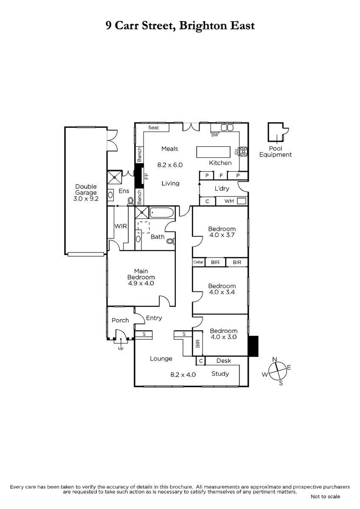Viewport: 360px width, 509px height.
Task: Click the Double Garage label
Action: pyautogui.click(x=86, y=190)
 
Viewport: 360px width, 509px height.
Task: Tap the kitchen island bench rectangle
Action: pyautogui.click(x=213, y=152)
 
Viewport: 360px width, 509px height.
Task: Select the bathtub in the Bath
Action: pyautogui.click(x=161, y=213)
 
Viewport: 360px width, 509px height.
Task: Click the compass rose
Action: pyautogui.click(x=277, y=371)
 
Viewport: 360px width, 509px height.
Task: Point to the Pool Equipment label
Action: pyautogui.click(x=276, y=151)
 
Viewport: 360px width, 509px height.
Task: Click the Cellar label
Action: pyautogui.click(x=198, y=262)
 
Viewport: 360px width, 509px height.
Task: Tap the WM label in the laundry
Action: pyautogui.click(x=229, y=201)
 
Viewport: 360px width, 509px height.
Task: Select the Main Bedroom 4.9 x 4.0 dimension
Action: pyautogui.click(x=141, y=283)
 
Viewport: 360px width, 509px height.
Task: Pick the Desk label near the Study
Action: pyautogui.click(x=224, y=361)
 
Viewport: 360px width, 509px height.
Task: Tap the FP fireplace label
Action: pyautogui.click(x=146, y=176)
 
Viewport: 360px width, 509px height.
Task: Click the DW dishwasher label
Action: pyautogui.click(x=215, y=135)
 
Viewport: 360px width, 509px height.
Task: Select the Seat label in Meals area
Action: pyautogui.click(x=154, y=128)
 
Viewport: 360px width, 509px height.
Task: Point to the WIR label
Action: pyautogui.click(x=121, y=226)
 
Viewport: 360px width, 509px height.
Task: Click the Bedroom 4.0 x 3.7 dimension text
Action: pyautogui.click(x=222, y=235)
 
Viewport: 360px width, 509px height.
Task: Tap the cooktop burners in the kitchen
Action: pyautogui.click(x=243, y=151)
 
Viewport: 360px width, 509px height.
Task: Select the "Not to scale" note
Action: pyautogui.click(x=325, y=497)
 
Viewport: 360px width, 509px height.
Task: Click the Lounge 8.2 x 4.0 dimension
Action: pyautogui.click(x=183, y=375)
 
